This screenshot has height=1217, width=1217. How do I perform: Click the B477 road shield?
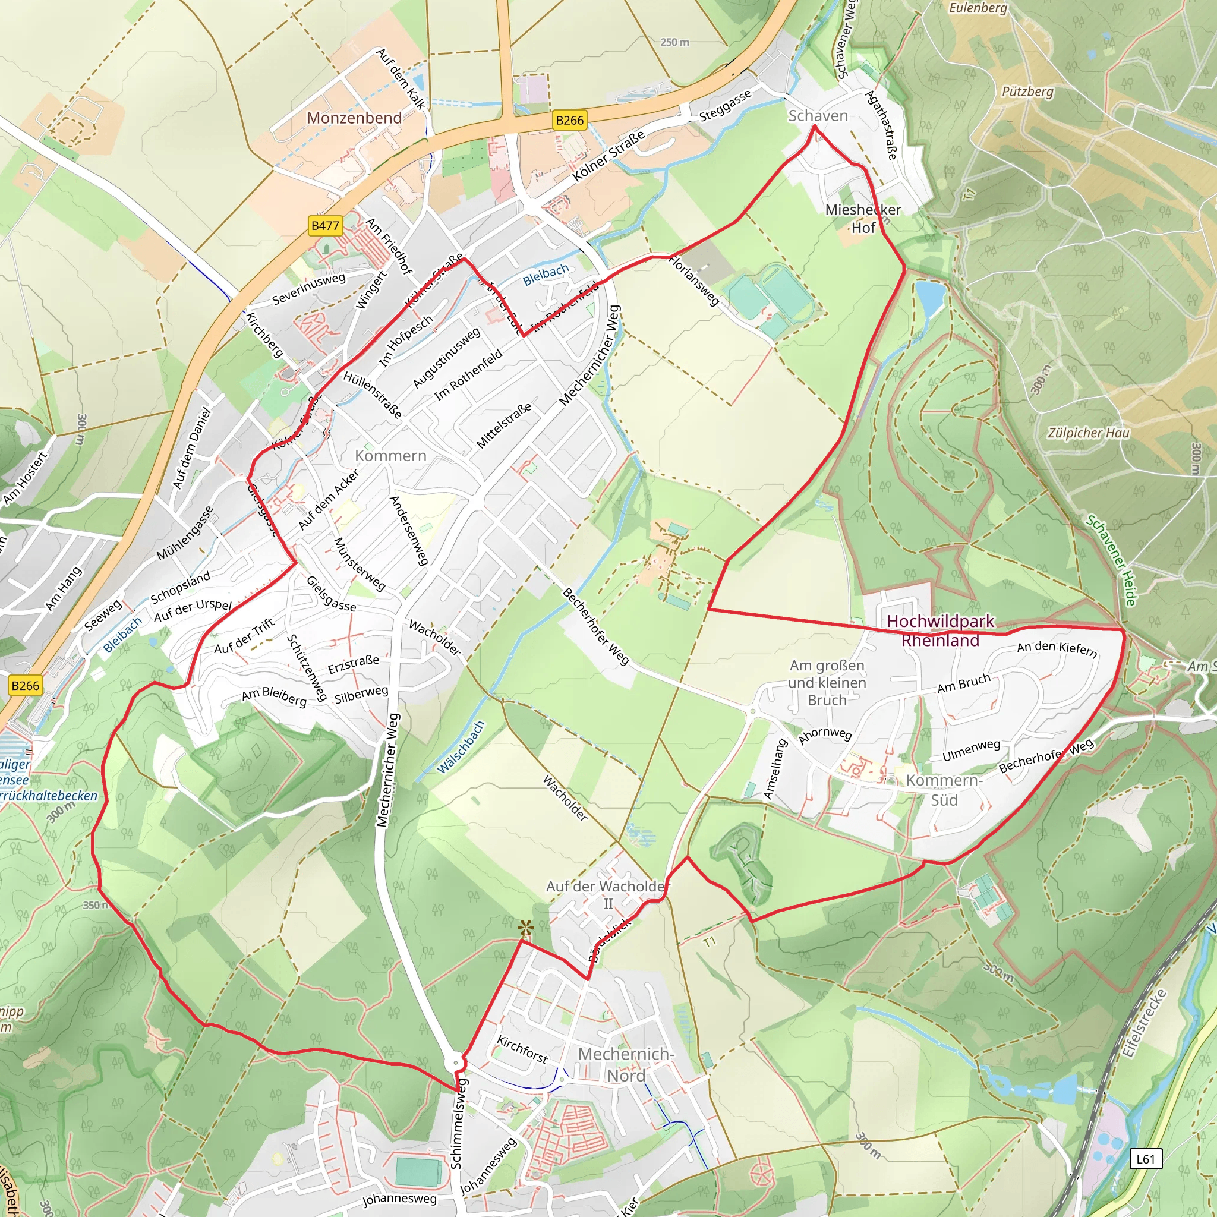pyautogui.click(x=325, y=225)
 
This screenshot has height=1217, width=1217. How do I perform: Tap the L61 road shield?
pyautogui.click(x=1145, y=1158)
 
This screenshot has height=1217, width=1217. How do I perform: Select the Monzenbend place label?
pyautogui.click(x=354, y=118)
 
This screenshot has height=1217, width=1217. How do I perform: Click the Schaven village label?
pyautogui.click(x=818, y=116)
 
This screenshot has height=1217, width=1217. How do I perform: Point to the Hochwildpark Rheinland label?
pyautogui.click(x=940, y=630)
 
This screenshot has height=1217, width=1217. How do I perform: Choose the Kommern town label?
pyautogui.click(x=390, y=455)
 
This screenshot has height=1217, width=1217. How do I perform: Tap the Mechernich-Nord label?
pyautogui.click(x=626, y=1064)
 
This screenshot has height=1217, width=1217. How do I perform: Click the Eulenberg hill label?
pyautogui.click(x=978, y=8)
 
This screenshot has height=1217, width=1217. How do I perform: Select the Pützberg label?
pyautogui.click(x=1027, y=92)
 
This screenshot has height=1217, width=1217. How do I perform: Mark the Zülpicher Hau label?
pyautogui.click(x=1089, y=433)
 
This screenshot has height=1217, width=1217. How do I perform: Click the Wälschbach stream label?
pyautogui.click(x=462, y=747)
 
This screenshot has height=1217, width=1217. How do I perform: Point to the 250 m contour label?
pyautogui.click(x=674, y=42)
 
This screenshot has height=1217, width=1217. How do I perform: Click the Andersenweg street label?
pyautogui.click(x=409, y=529)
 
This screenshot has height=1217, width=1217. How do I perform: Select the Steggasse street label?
pyautogui.click(x=725, y=106)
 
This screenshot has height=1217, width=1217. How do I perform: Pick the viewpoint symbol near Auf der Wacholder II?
pyautogui.click(x=524, y=928)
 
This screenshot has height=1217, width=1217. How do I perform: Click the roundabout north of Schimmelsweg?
pyautogui.click(x=455, y=1063)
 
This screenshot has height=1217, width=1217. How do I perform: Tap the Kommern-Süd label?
pyautogui.click(x=944, y=790)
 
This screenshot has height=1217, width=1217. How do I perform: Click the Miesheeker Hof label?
pyautogui.click(x=863, y=218)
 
